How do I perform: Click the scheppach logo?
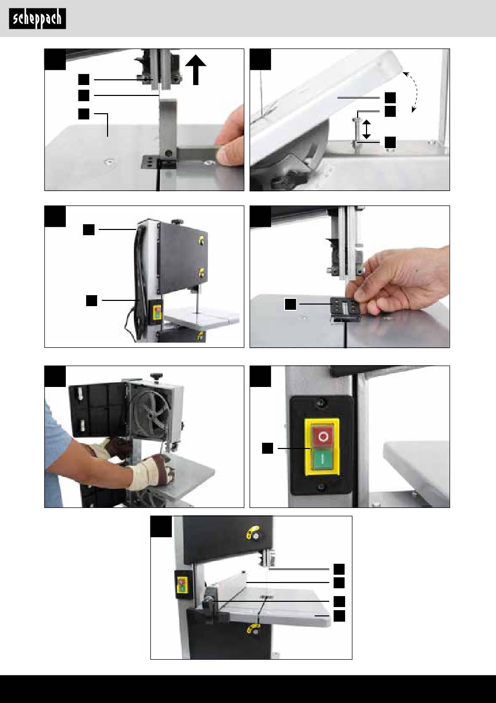pos(38,19)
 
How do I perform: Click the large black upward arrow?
pos(195,70)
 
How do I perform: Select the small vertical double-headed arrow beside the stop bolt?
pos(367,129)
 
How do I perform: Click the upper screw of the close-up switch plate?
pos(321,402)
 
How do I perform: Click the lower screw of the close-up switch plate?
pos(321,487)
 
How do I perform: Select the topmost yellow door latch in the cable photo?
pos(202,241)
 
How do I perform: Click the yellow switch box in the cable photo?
pos(156,312)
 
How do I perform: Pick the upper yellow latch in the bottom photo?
pos(254,531)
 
